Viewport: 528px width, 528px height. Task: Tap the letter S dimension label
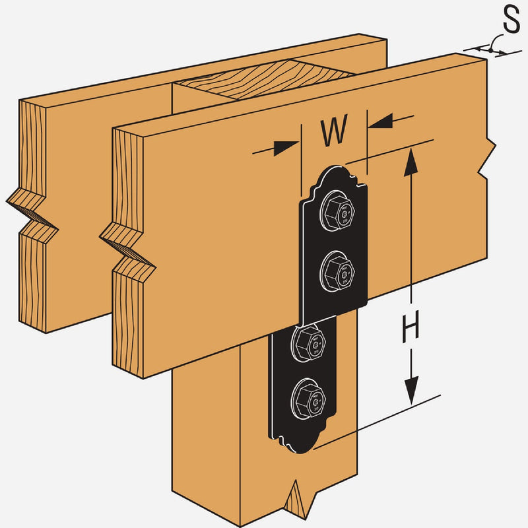click(x=511, y=20)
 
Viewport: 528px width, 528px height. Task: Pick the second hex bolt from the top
click(x=337, y=270)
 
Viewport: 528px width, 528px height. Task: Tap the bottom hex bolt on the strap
click(x=310, y=397)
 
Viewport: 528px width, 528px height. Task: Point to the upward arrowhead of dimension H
click(x=411, y=158)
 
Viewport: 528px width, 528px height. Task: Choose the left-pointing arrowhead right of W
click(x=380, y=120)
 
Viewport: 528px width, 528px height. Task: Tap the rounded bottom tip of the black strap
click(x=300, y=449)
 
